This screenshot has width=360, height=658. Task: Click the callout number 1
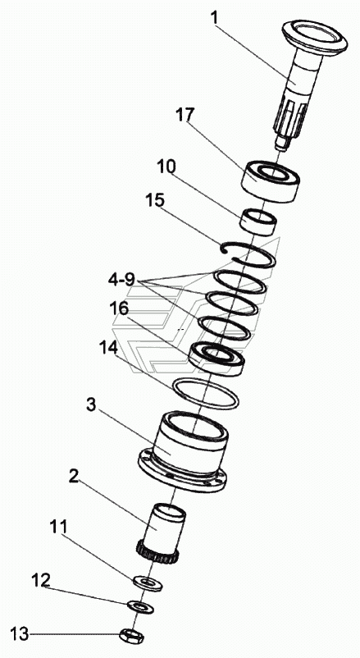(x=215, y=19)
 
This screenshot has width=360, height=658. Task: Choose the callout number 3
(x=93, y=405)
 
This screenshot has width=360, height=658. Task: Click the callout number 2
(x=73, y=478)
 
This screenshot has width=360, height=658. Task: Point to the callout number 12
(x=42, y=580)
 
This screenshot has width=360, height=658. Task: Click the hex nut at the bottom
(x=131, y=635)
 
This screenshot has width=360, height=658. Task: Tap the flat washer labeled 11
(x=148, y=583)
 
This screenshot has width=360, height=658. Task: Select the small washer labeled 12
(x=140, y=606)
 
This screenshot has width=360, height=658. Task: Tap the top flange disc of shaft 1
(x=315, y=34)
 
